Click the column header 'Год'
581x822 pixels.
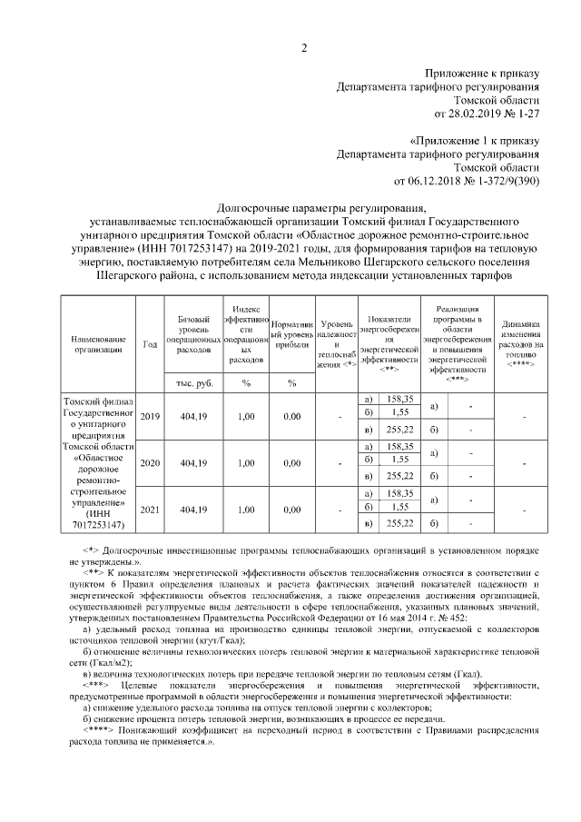[x=150, y=343]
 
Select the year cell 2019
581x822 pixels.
[x=150, y=416]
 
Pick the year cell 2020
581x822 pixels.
[x=150, y=463]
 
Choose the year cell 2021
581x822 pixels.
[x=150, y=510]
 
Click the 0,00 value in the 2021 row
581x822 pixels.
[x=291, y=510]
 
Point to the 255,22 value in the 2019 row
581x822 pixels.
[x=399, y=430]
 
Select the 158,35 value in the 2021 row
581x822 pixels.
[x=399, y=493]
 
